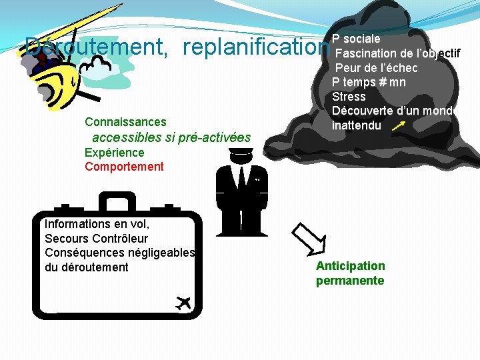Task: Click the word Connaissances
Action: click(x=125, y=122)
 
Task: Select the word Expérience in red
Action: click(x=114, y=153)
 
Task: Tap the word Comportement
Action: click(x=123, y=167)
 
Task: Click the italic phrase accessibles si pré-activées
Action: click(x=171, y=138)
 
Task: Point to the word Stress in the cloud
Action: click(x=349, y=97)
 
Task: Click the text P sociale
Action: click(x=356, y=39)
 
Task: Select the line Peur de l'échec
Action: click(x=376, y=68)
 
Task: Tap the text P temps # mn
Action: click(x=369, y=83)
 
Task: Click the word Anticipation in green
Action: click(x=350, y=266)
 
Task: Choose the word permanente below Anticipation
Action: click(x=350, y=281)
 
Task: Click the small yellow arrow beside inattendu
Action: click(x=399, y=125)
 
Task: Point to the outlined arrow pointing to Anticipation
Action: click(x=309, y=237)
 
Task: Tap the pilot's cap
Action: click(x=241, y=154)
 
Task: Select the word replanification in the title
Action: click(x=256, y=47)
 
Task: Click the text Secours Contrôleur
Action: click(x=96, y=238)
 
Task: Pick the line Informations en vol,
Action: click(x=97, y=224)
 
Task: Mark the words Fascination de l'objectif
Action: click(x=397, y=53)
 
